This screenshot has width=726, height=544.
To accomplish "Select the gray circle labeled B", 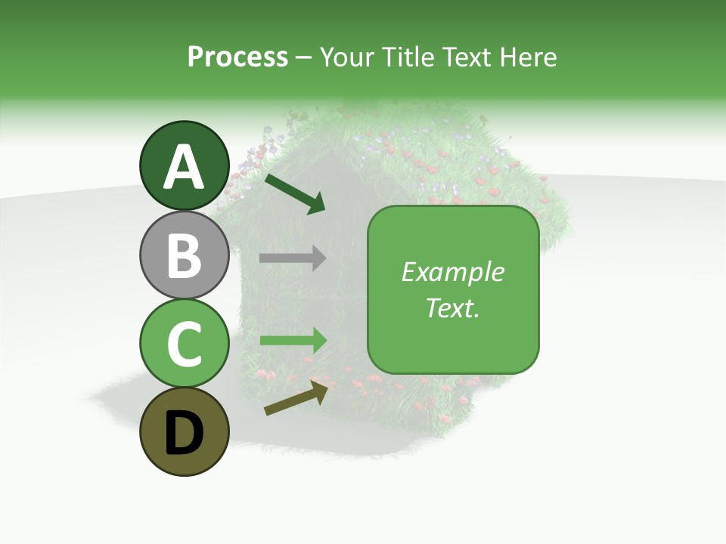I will (x=184, y=255).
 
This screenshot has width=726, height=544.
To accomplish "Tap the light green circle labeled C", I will (x=184, y=343).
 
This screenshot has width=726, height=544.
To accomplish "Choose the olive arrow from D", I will (x=299, y=397).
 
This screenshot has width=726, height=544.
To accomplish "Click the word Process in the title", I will (x=237, y=57).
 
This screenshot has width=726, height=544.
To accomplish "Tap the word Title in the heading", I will (x=408, y=57).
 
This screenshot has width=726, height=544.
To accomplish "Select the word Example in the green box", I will (x=452, y=272).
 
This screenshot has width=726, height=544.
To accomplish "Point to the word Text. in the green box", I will (x=452, y=308).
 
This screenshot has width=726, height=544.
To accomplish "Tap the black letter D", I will (x=184, y=433).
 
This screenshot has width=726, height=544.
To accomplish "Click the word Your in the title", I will (x=348, y=57).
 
